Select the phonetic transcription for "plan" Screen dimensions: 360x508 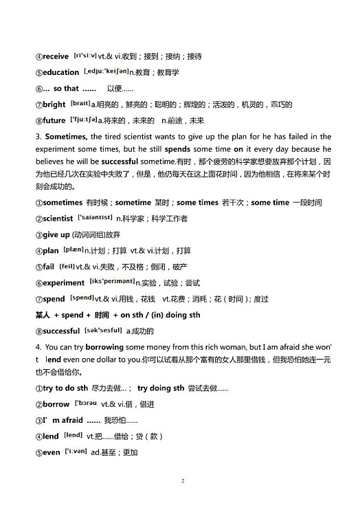[x=73, y=250]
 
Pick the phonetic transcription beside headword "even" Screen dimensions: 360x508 [x=76, y=452]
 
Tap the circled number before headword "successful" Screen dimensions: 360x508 [x=38, y=331]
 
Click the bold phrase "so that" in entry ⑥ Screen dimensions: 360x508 [x=66, y=89]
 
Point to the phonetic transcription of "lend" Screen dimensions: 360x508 [x=73, y=435]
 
